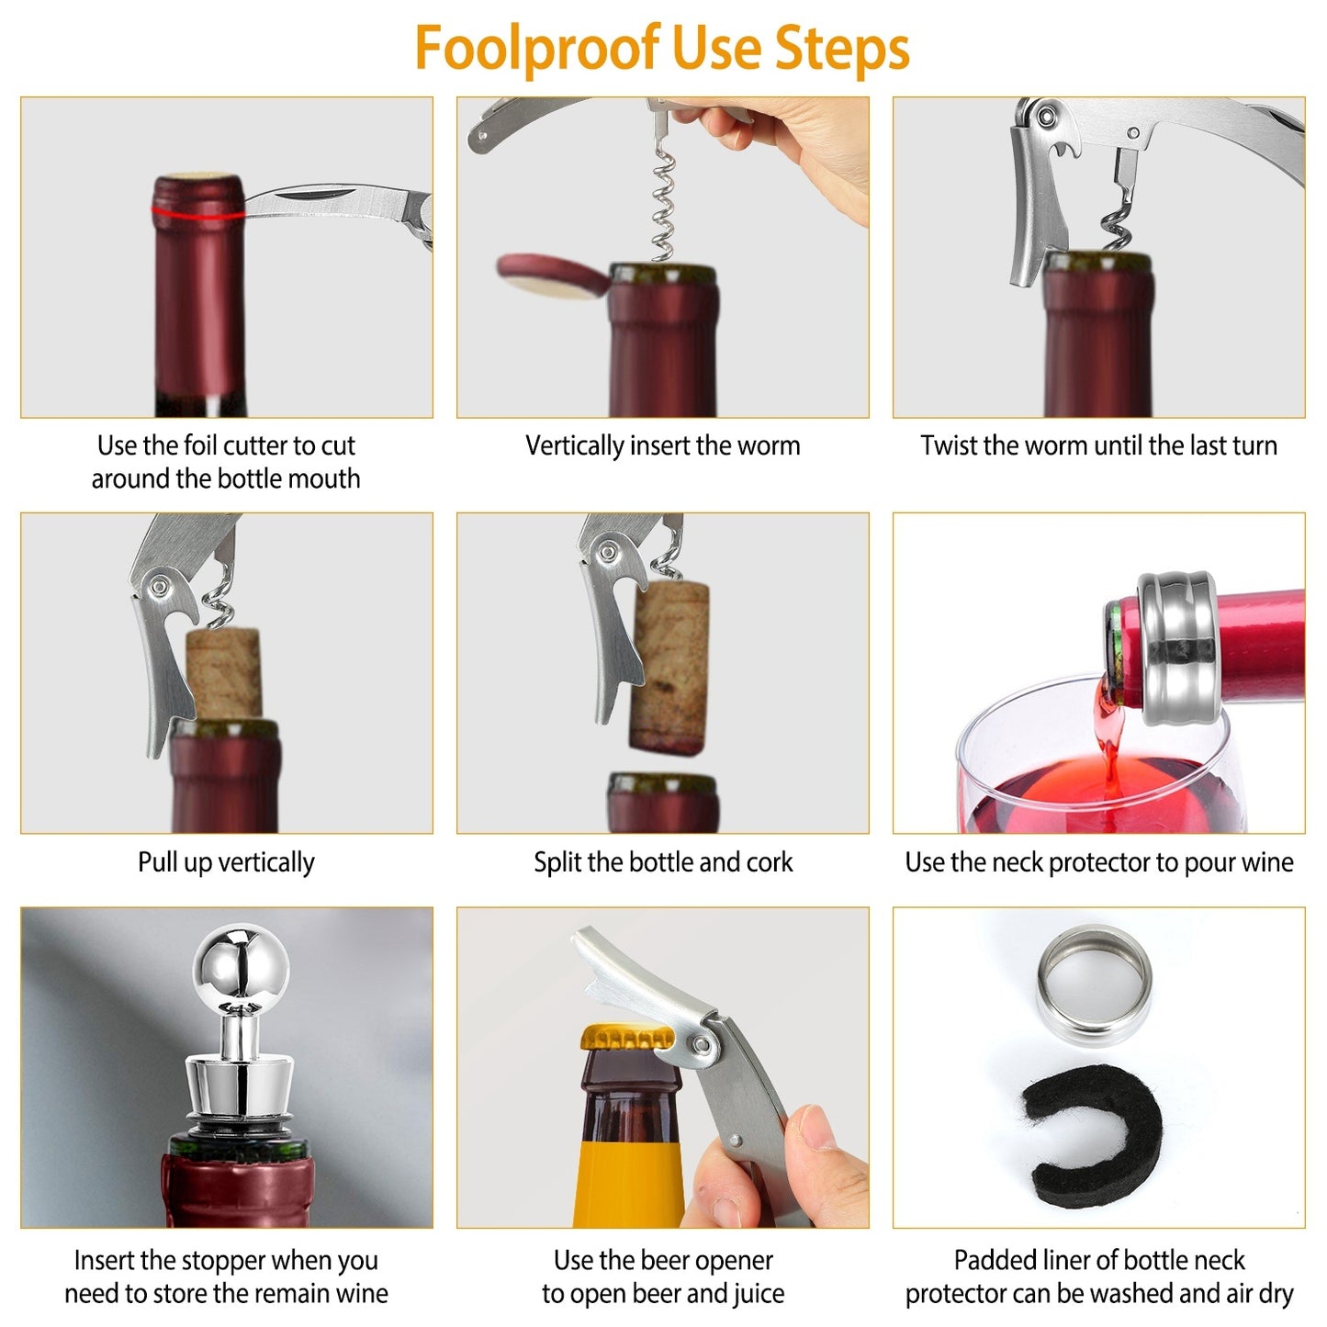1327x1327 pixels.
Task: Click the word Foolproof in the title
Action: [x=536, y=48]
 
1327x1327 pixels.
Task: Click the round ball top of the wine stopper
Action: [x=241, y=963]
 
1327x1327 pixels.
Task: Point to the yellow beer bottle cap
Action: [x=626, y=1039]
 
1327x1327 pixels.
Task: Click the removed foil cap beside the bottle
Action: [x=550, y=276]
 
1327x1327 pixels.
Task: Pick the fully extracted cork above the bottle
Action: [x=669, y=667]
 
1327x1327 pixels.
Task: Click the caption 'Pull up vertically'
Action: [x=226, y=861]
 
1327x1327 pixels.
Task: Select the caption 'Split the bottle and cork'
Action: [x=663, y=861]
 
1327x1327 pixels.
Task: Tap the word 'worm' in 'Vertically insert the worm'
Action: [x=767, y=445]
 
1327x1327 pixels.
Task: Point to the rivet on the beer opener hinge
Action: [x=703, y=1046]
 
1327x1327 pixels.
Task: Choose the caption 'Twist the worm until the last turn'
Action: [x=1098, y=445]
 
